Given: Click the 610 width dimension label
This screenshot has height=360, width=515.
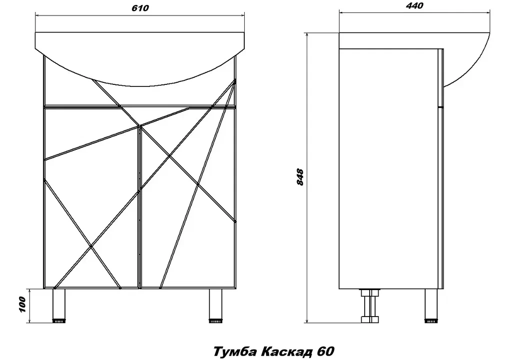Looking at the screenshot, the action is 140,8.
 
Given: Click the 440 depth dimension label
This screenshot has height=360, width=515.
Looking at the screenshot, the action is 415,6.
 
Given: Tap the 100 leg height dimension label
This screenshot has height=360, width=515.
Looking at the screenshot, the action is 22,305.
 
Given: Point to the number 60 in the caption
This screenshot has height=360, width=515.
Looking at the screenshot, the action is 326,351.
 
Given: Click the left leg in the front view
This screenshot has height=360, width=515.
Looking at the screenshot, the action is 59,306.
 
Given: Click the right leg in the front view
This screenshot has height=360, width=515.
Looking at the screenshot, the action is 215,306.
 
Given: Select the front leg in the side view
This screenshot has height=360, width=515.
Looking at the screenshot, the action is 431,306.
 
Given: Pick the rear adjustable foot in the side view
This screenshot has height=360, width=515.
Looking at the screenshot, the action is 370,306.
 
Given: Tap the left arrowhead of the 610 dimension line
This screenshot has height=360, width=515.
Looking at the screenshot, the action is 38,15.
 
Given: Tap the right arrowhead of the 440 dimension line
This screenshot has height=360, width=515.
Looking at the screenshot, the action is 488,13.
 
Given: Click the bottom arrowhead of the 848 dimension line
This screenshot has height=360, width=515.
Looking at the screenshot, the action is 307,320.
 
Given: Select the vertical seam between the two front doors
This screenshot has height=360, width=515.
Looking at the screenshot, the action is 140,207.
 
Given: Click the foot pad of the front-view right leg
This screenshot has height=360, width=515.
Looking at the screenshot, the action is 215,321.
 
